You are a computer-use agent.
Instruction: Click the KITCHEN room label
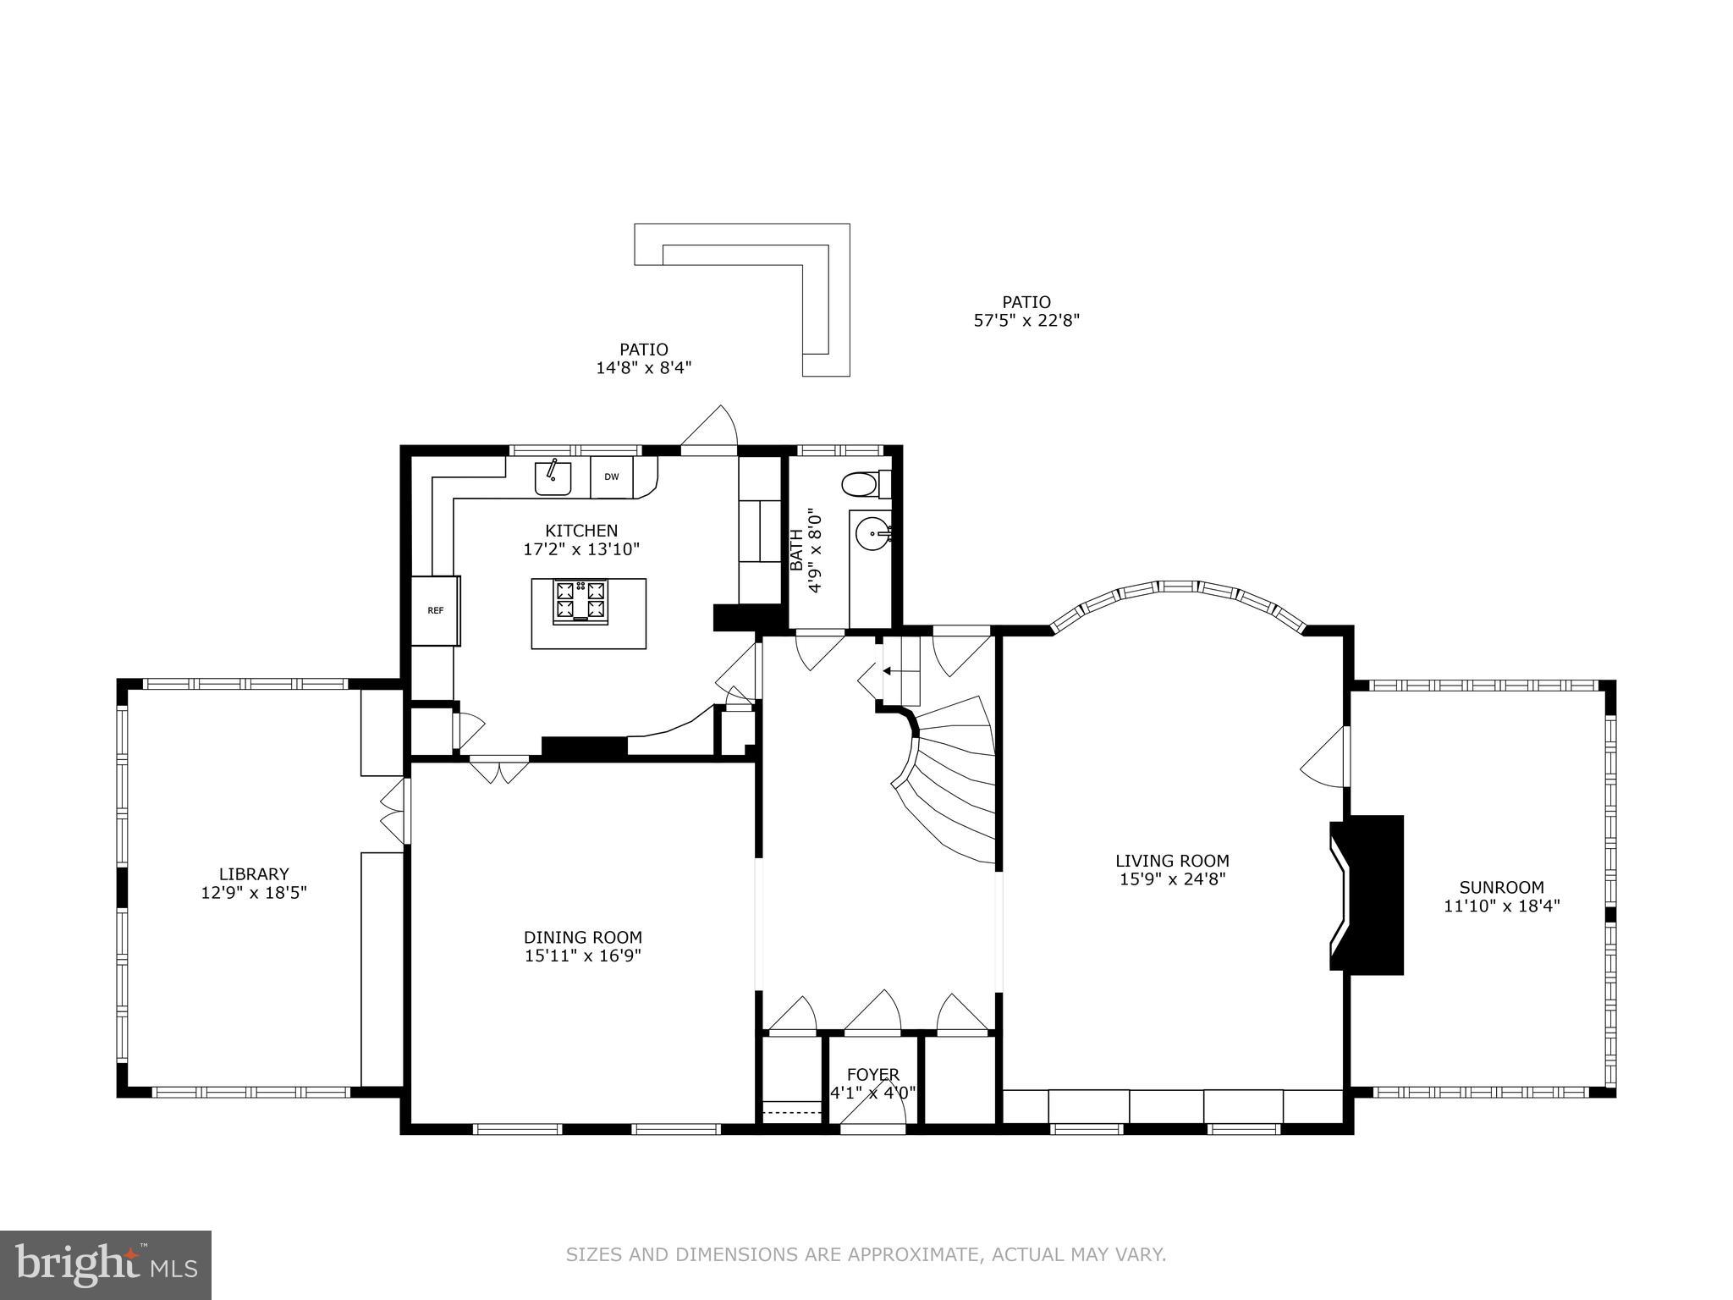tap(581, 531)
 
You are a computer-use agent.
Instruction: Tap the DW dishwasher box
tap(611, 476)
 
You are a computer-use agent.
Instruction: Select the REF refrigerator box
tap(435, 610)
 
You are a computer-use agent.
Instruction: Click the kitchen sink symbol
tap(553, 478)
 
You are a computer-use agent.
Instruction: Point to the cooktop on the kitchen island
tap(580, 601)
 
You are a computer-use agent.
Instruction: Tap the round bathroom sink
tap(872, 534)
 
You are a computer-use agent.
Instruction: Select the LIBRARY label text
tap(254, 873)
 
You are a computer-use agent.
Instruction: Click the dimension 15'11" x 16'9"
tap(582, 956)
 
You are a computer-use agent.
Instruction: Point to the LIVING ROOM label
tap(1172, 861)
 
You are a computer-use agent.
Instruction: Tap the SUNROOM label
tap(1501, 887)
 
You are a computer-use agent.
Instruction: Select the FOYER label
tap(873, 1074)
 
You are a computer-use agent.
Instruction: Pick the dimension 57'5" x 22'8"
tap(1026, 321)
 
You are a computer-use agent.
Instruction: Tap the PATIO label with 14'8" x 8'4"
tap(644, 350)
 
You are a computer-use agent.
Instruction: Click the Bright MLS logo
tap(105, 1264)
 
